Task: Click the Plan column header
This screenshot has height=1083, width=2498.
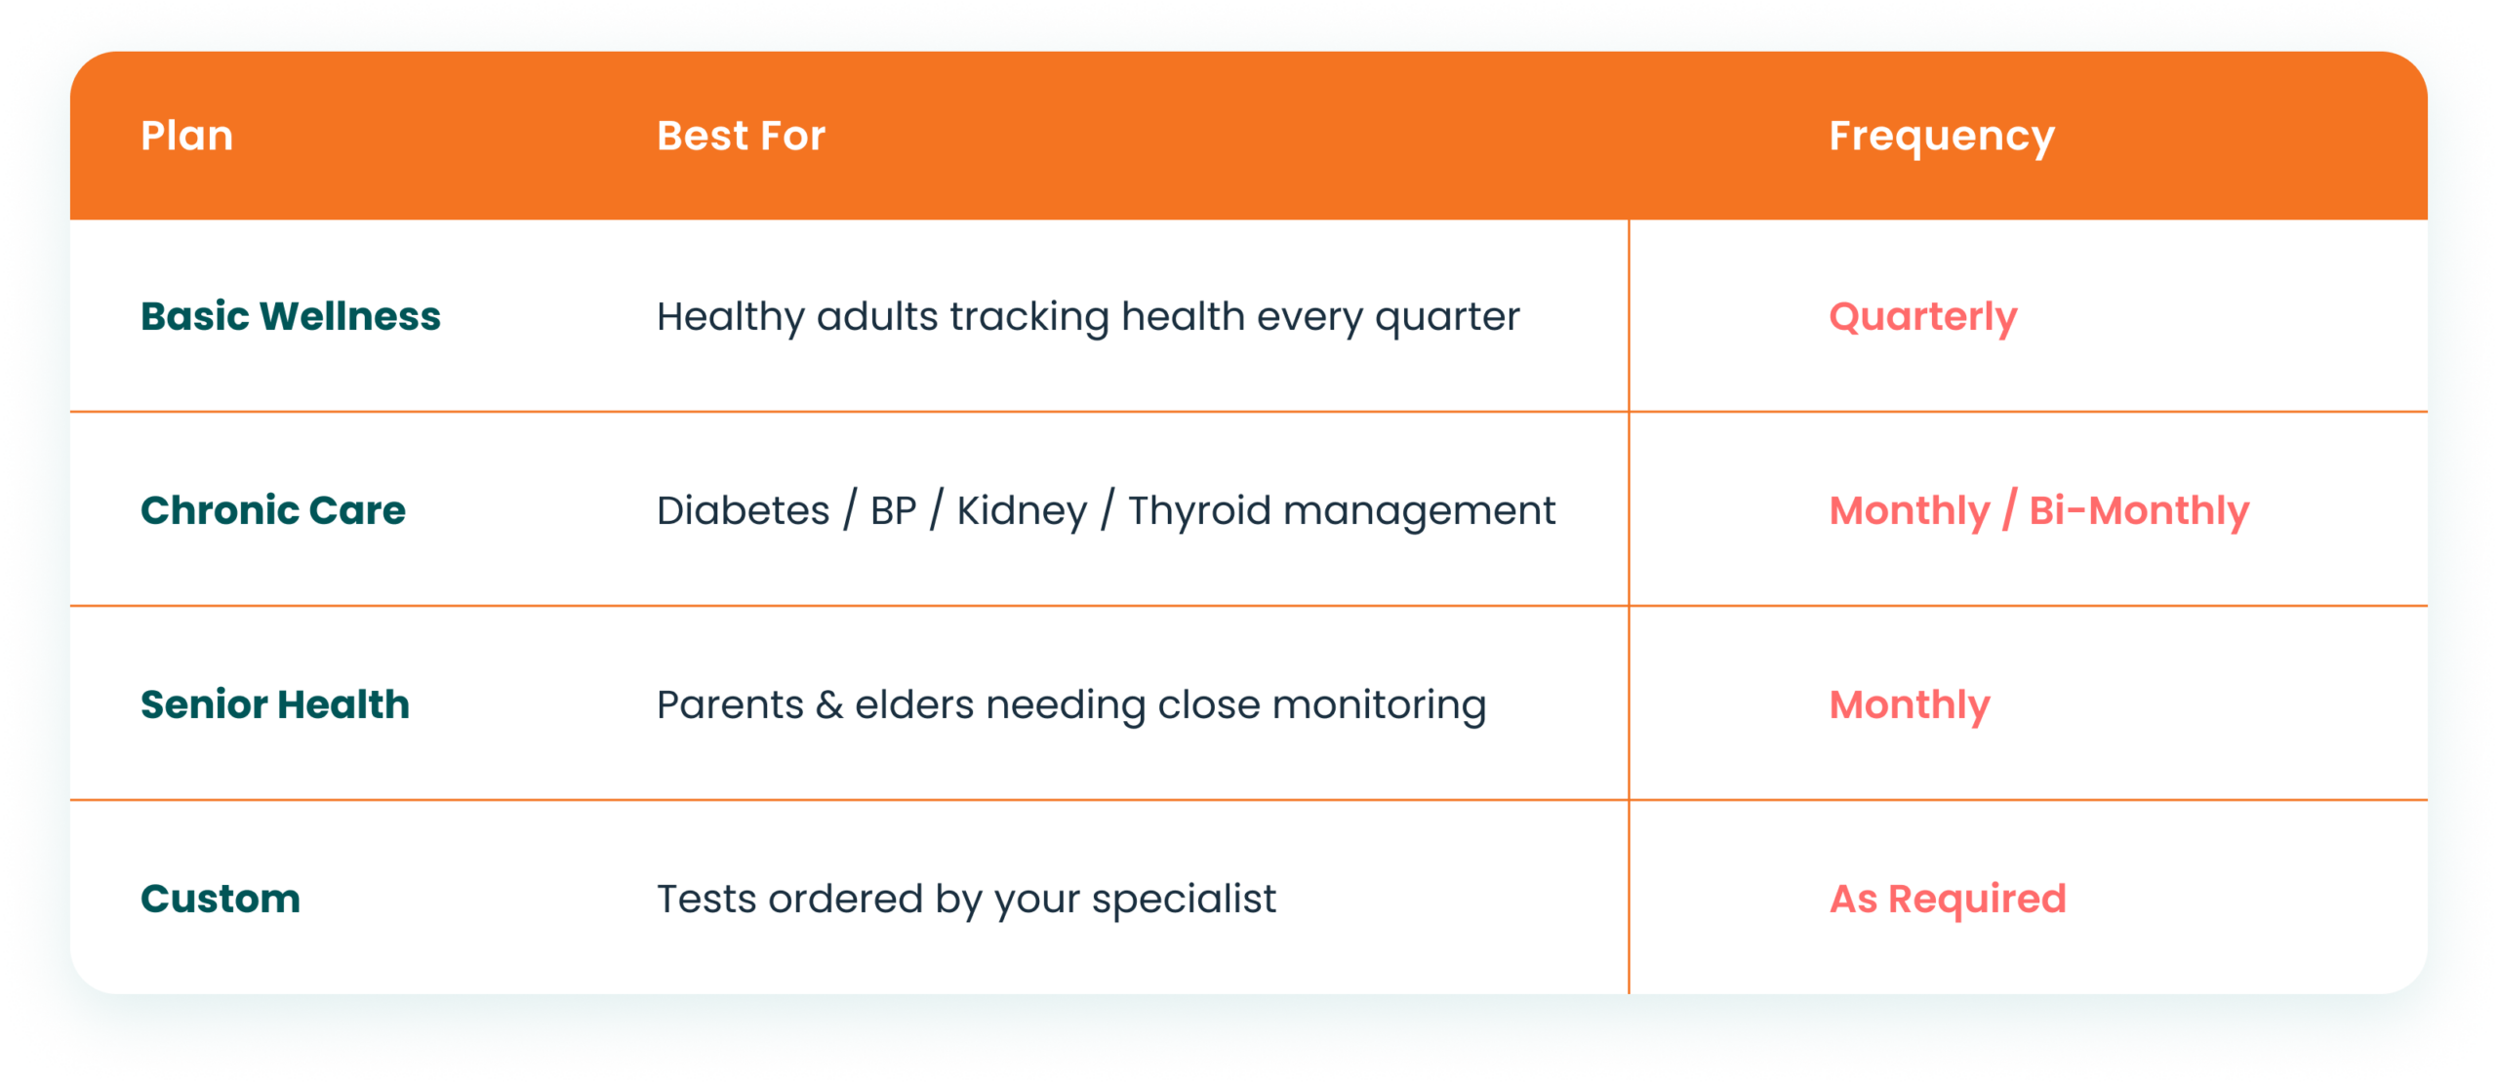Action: point(186,136)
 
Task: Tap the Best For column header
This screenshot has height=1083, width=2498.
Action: point(741,136)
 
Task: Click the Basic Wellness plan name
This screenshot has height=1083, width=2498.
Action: point(290,316)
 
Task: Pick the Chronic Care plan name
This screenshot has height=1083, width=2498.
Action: point(272,510)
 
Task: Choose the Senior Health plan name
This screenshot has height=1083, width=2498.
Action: point(274,704)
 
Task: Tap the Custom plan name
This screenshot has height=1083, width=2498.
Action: point(220,899)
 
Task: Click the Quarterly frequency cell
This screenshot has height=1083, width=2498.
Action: point(1922,318)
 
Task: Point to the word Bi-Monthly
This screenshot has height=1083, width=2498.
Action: point(2139,512)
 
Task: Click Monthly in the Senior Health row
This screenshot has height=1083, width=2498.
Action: point(1909,706)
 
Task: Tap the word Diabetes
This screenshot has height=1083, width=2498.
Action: point(743,510)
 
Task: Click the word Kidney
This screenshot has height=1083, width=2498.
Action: point(1021,512)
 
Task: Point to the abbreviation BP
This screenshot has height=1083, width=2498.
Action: point(893,510)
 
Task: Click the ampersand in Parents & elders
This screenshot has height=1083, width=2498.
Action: point(828,705)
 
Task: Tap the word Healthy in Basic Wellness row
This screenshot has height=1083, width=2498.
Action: point(730,318)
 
